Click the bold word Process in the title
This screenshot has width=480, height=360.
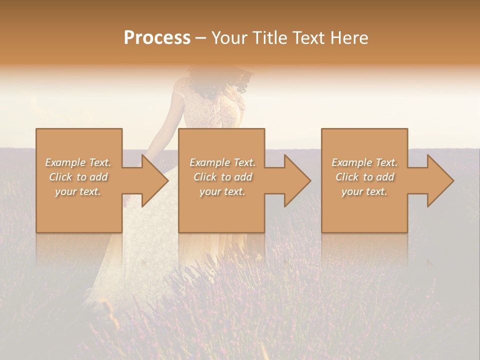tap(157, 38)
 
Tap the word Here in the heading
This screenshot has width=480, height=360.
tap(349, 38)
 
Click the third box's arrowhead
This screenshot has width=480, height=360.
tap(439, 180)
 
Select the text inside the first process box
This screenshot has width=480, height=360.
tap(78, 177)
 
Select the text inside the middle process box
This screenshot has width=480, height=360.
tap(222, 177)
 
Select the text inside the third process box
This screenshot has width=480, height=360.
tap(364, 177)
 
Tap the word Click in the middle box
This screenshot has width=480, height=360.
tap(204, 177)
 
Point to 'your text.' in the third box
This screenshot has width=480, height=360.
tap(364, 191)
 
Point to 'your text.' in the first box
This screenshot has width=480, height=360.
tap(78, 191)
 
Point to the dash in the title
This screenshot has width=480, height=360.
tap(201, 38)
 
